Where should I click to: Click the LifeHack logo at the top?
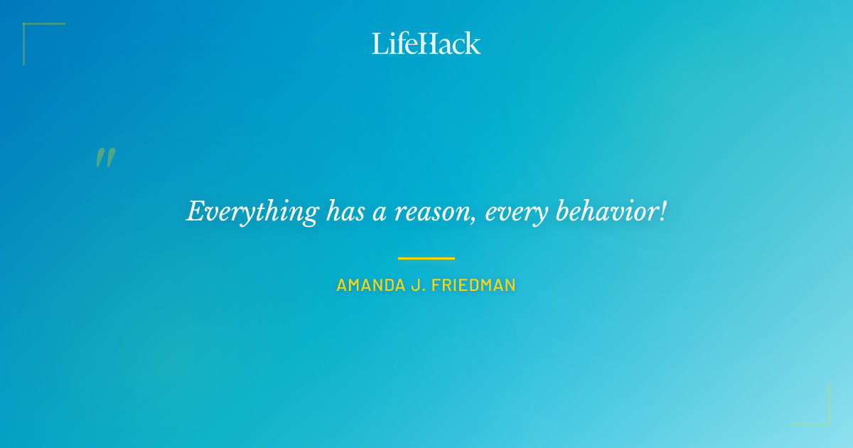[426, 43]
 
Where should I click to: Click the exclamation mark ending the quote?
[662, 210]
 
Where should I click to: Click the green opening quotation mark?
[105, 157]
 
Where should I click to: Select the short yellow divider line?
[426, 258]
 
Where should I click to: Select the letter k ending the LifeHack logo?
[473, 43]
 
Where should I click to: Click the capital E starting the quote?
[195, 211]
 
